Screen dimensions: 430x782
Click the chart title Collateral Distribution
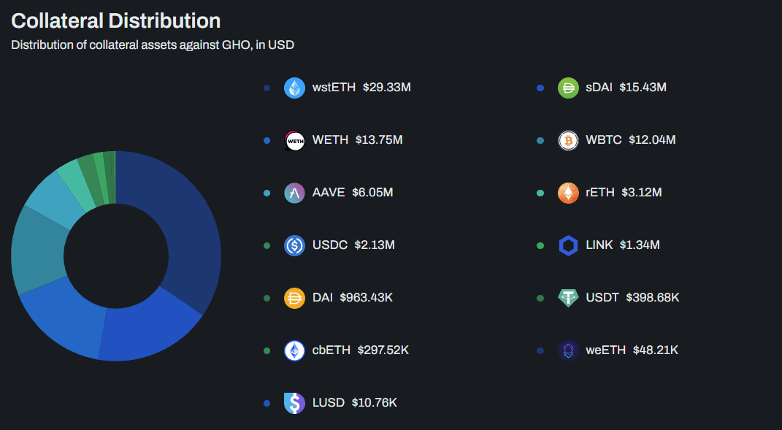click(x=116, y=20)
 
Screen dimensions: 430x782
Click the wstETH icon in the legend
click(x=294, y=88)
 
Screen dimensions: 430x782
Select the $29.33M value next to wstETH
click(x=387, y=88)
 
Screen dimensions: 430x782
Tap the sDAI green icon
click(x=568, y=88)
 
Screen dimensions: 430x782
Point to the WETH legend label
click(x=330, y=140)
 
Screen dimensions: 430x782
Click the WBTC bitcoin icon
click(x=568, y=140)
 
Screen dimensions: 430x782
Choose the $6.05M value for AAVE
click(x=372, y=193)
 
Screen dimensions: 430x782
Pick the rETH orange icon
click(x=568, y=193)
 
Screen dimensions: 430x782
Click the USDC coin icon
click(x=294, y=245)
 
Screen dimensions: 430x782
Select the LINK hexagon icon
click(x=568, y=245)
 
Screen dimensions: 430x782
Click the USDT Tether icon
click(x=568, y=298)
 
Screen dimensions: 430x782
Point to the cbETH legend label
click(x=331, y=350)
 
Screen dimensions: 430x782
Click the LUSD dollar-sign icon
click(x=294, y=403)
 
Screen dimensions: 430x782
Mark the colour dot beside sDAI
click(x=540, y=88)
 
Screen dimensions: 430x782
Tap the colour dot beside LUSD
click(x=267, y=403)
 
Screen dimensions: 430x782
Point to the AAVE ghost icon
click(x=294, y=193)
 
